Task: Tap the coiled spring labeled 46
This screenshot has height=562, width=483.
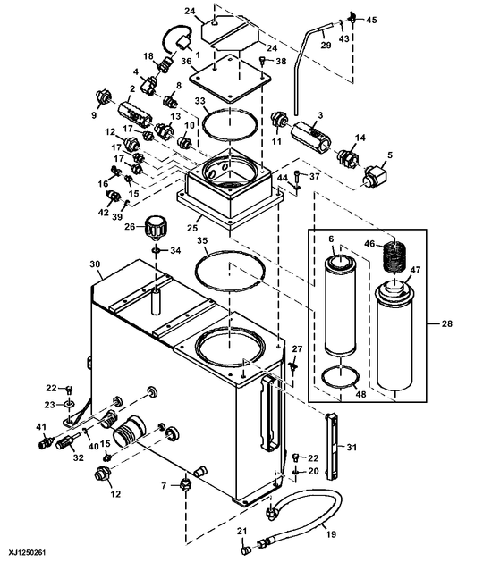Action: (394, 260)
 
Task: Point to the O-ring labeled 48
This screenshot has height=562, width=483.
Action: (340, 378)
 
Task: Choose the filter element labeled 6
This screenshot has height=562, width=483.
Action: (341, 304)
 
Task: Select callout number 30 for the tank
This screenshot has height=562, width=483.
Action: (96, 264)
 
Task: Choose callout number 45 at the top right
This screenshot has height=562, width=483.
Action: (373, 19)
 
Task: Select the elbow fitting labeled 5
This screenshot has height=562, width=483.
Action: (372, 176)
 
